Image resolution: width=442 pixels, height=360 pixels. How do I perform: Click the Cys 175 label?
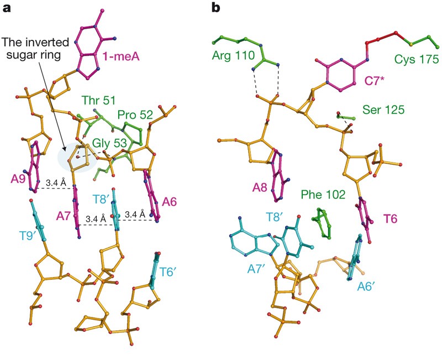coord(415,58)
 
